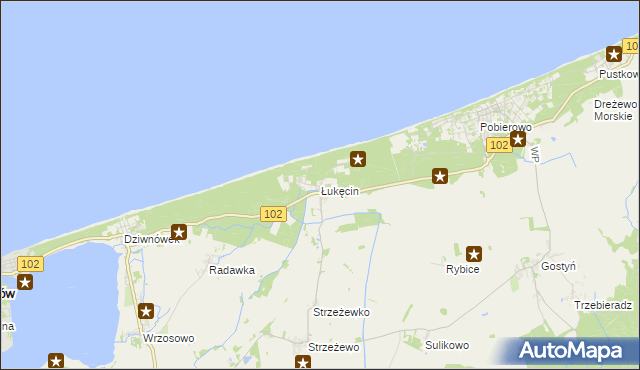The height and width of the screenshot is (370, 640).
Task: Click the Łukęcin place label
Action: [x=339, y=191]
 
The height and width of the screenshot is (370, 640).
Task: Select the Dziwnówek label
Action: [x=151, y=240]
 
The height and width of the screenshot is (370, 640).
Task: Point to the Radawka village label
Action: [x=231, y=270]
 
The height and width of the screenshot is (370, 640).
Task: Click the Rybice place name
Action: [x=463, y=270]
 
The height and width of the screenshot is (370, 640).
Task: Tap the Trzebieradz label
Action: [x=605, y=304]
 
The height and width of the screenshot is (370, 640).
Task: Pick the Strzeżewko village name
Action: [x=341, y=312]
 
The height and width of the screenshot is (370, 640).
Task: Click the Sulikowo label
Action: [x=447, y=345]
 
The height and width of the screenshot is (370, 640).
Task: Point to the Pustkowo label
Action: [x=618, y=74]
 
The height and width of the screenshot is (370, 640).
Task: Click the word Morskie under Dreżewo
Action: [x=614, y=116]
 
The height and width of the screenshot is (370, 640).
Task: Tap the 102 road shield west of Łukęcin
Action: [x=273, y=214]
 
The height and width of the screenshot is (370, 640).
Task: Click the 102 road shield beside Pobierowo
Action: [x=500, y=146]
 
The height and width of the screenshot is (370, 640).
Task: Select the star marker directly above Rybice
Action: [x=474, y=254]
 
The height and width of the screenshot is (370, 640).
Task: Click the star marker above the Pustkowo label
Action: [x=614, y=56]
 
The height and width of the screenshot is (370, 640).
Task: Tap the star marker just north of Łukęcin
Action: [x=358, y=158]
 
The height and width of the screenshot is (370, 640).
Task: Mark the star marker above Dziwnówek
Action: [x=179, y=232]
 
